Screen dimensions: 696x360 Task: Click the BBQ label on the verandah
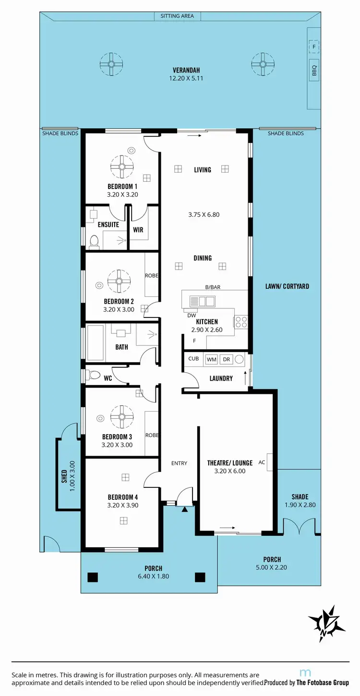[314, 71]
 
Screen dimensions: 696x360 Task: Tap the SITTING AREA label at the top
[177, 16]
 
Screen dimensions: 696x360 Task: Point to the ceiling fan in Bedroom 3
[122, 417]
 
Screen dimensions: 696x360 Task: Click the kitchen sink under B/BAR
[202, 301]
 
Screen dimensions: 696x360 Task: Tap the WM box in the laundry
[211, 359]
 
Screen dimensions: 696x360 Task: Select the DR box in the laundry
[226, 359]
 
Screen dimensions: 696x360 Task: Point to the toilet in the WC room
[93, 375]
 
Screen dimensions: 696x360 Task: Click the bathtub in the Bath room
[96, 342]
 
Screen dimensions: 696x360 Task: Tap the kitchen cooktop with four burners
[240, 321]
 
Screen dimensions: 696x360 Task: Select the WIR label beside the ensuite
[138, 230]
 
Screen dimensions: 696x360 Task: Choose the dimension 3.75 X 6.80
[204, 214]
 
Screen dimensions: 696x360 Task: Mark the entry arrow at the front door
[184, 508]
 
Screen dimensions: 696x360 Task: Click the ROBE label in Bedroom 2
[152, 276]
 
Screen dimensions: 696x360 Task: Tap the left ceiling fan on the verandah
[111, 63]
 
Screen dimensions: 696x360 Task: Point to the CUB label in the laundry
[193, 358]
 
